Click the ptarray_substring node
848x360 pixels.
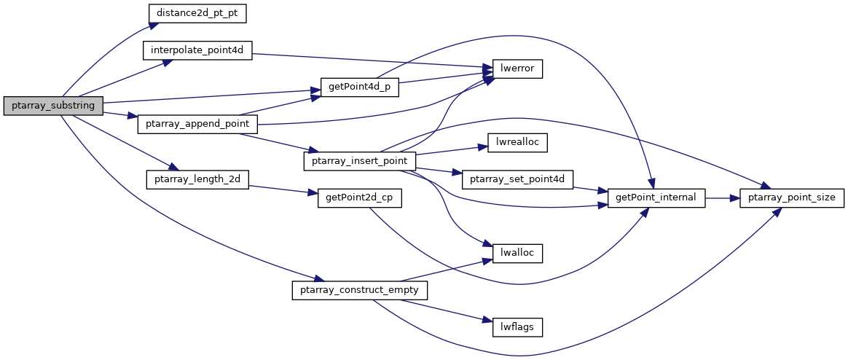tap(53, 106)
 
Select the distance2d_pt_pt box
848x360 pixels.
tap(197, 13)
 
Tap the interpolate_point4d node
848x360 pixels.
tap(197, 51)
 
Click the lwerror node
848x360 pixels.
tap(518, 69)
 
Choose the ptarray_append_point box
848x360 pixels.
tap(197, 124)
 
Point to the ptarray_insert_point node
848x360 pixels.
tap(360, 160)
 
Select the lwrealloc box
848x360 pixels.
tap(518, 143)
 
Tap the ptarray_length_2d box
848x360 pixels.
tap(197, 179)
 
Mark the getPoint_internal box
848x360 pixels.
tap(656, 198)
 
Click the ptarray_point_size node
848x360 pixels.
tap(792, 198)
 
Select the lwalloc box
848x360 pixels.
tap(518, 254)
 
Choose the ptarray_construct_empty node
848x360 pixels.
tap(360, 290)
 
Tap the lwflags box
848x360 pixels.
tap(518, 327)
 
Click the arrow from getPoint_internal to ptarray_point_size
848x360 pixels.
tap(723, 198)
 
